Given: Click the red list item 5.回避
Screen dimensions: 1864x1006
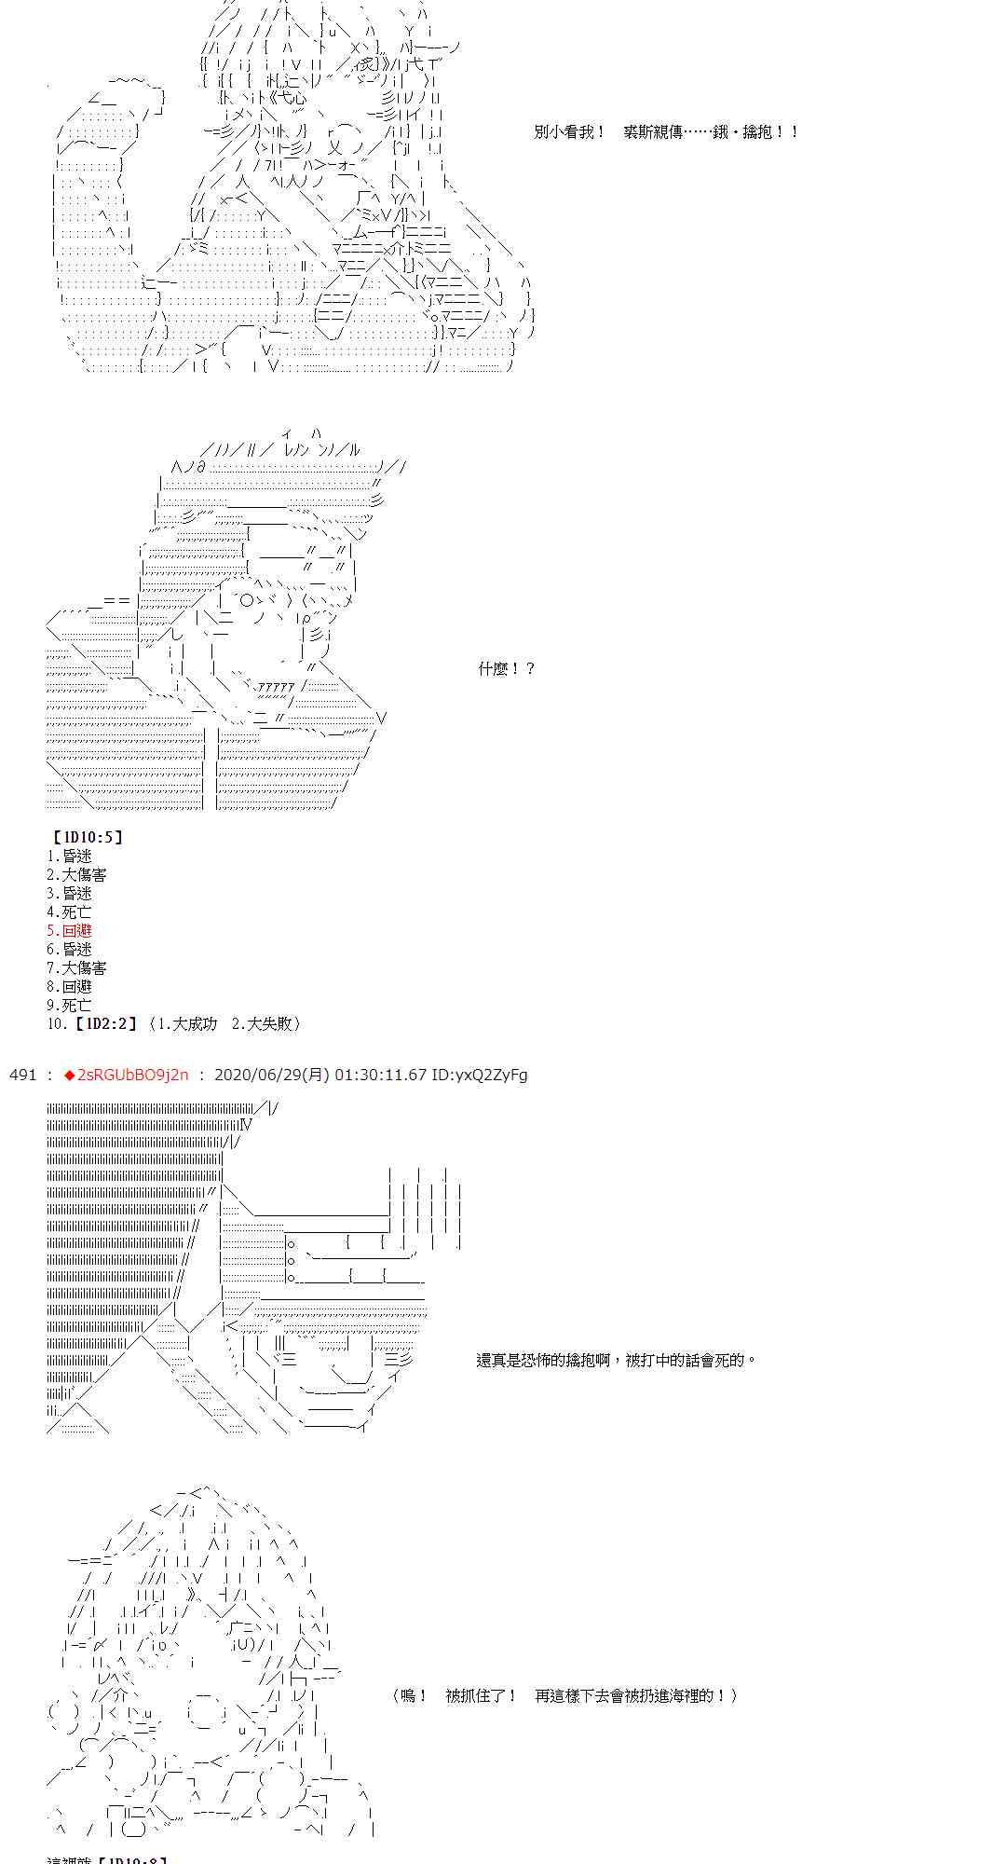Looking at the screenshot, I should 69,930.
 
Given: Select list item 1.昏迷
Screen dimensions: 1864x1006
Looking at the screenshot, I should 69,856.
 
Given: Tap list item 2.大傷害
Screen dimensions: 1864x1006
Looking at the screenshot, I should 76,874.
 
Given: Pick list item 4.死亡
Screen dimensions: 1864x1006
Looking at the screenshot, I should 69,911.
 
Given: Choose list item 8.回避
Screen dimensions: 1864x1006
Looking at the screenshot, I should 69,986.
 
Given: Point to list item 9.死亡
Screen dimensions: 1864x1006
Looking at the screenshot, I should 69,1005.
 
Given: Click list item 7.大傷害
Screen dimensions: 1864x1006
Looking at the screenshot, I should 76,967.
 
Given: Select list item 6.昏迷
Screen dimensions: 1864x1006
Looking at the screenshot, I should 69,949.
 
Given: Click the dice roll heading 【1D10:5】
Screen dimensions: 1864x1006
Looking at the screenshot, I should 87,837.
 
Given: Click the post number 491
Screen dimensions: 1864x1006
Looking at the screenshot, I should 22,1075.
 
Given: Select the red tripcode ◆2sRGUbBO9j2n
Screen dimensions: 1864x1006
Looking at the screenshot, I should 126,1075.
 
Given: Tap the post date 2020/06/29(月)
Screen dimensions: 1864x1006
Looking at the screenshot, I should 272,1075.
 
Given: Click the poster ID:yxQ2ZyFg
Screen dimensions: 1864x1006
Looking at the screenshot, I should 479,1075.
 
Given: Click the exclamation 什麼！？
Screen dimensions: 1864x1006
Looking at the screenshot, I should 507,668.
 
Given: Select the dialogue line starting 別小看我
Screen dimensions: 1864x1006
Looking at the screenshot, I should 666,132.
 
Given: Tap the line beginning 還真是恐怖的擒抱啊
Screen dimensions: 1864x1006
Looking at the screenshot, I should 616,1360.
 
